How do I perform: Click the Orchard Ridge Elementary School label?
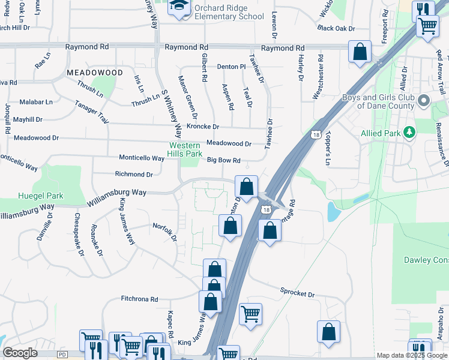(229, 12)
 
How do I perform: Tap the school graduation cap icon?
(178, 7)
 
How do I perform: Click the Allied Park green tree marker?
(409, 131)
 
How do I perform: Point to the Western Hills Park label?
(185, 149)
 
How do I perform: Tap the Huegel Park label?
(41, 196)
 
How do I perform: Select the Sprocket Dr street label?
(297, 294)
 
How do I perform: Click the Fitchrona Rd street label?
(139, 299)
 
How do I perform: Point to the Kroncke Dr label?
(203, 127)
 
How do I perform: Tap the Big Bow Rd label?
(224, 160)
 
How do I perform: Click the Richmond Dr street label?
(134, 174)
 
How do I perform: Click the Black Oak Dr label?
(336, 28)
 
